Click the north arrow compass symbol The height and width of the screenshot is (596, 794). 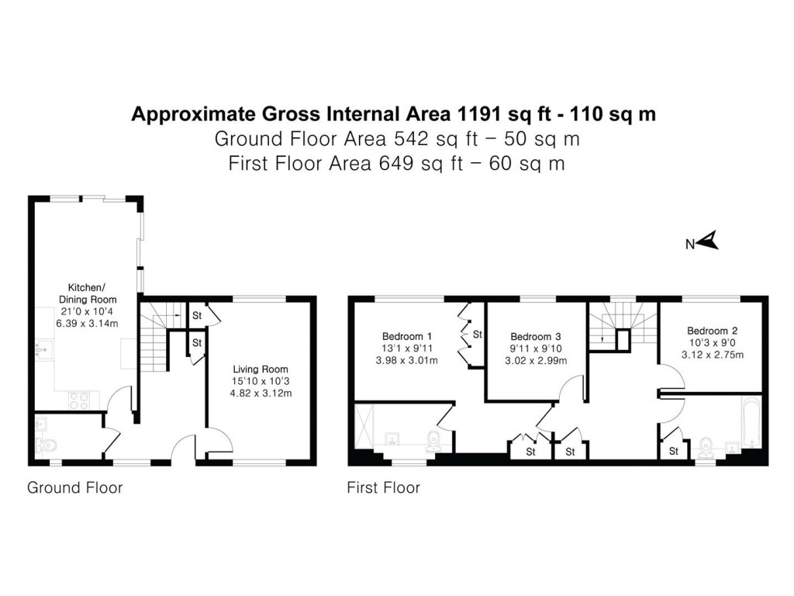(x=708, y=242)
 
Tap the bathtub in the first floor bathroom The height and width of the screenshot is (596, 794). (x=751, y=424)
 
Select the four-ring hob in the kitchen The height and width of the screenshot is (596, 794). (x=80, y=400)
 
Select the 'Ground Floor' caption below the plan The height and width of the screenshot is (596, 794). (x=74, y=488)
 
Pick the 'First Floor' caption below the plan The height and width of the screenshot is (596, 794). (x=383, y=488)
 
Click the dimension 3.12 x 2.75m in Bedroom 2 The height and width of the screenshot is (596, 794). (x=714, y=355)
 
